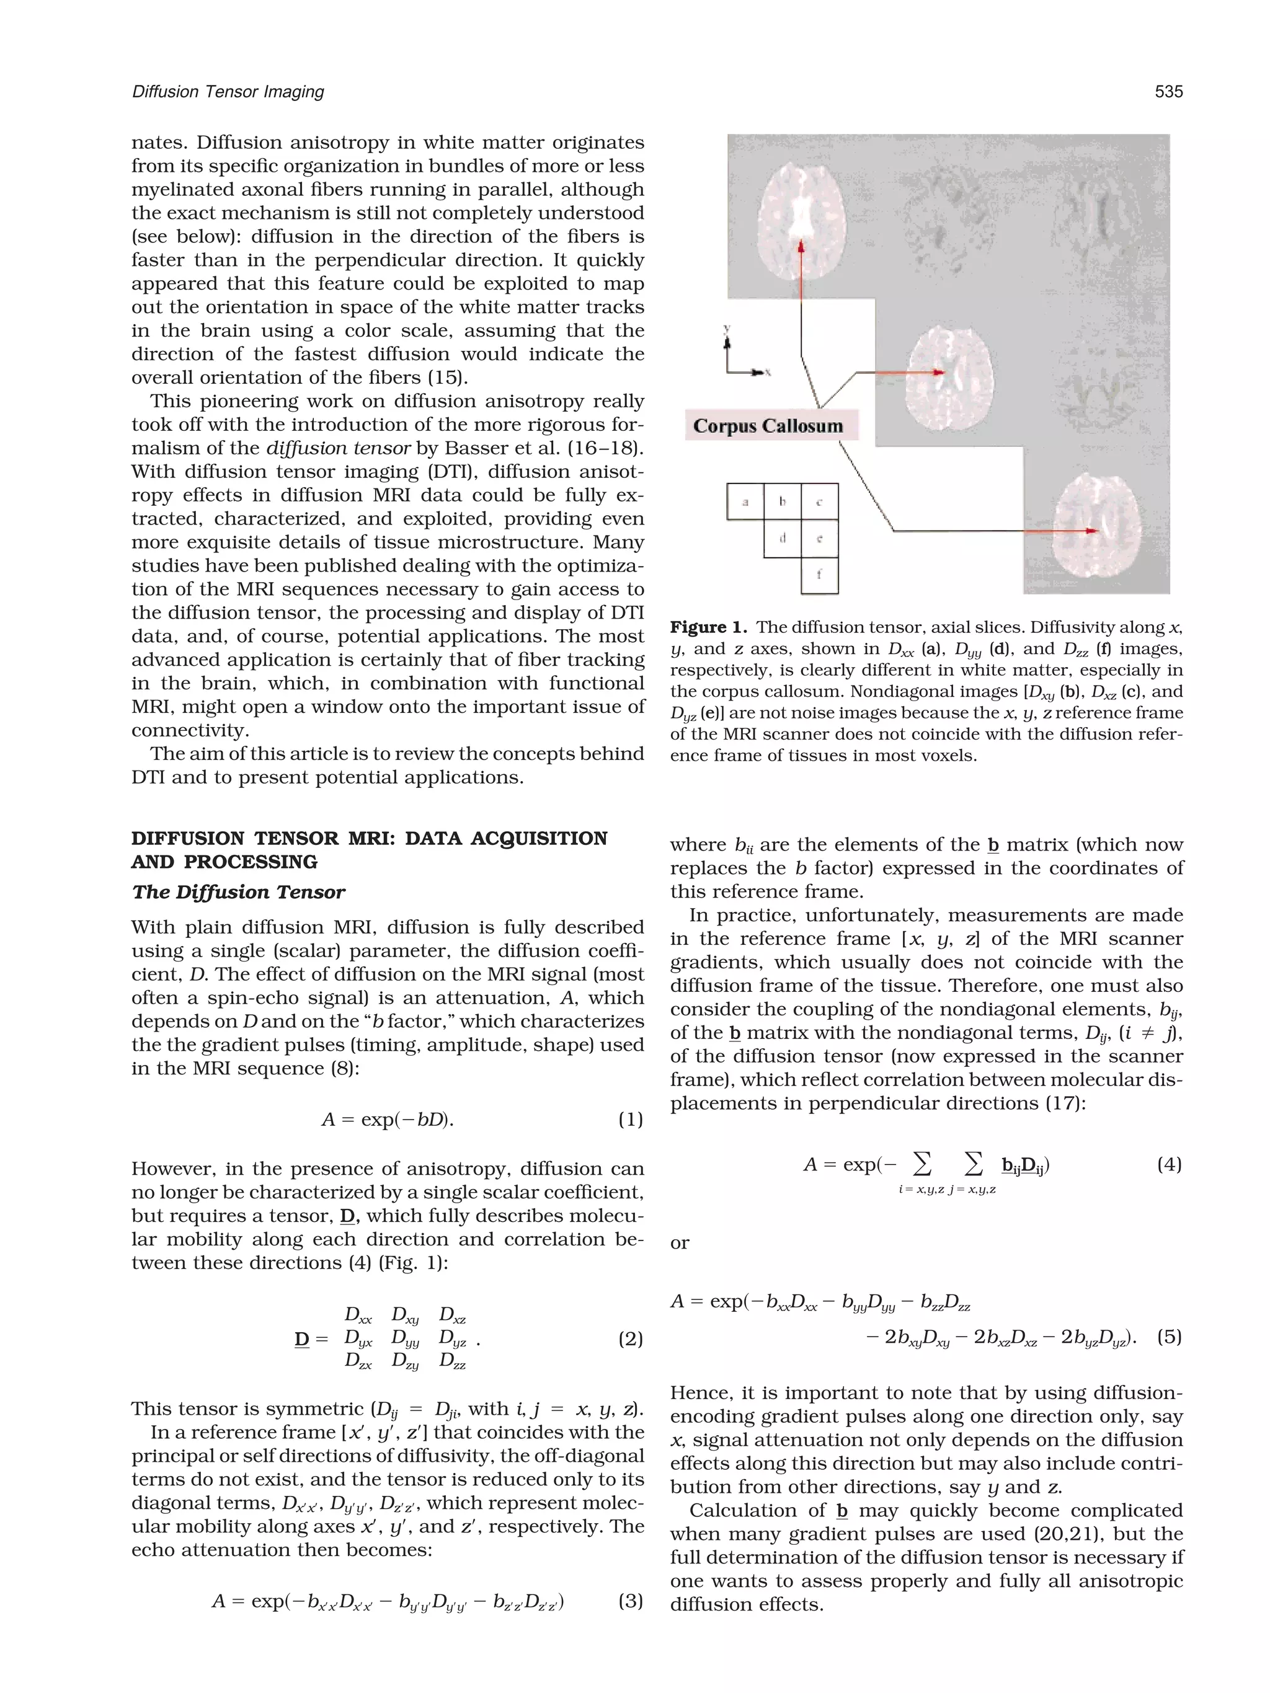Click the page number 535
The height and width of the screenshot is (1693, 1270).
coord(1168,92)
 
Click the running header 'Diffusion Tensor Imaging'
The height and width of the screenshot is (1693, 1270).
coord(228,92)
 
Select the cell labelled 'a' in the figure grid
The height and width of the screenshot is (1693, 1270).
coord(745,502)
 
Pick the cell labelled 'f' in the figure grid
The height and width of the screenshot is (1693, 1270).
coord(819,575)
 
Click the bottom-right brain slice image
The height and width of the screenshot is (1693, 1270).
coord(1097,528)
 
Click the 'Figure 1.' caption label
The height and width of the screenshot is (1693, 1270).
coord(708,627)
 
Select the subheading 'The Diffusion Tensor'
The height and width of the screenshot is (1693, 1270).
coord(238,893)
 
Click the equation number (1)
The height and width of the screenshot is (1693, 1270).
coord(630,1120)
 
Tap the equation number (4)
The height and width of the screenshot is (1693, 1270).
coord(1169,1165)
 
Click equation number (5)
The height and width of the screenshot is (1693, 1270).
coord(1169,1337)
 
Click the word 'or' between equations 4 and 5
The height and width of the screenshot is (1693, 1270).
coord(679,1243)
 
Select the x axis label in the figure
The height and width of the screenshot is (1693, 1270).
coord(767,373)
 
